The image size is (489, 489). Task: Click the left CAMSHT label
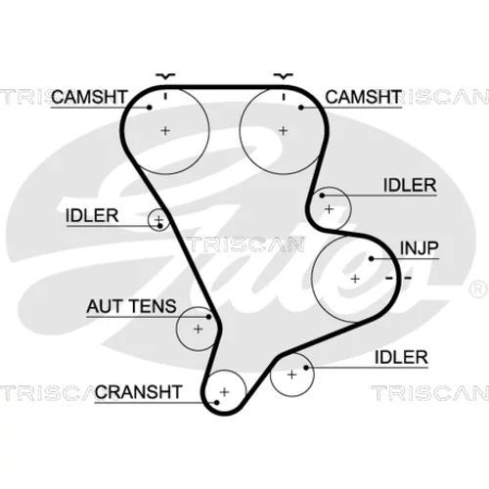[89, 97]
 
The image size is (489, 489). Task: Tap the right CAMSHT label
[363, 97]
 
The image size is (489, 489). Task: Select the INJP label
[419, 248]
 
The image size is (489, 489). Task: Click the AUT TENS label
[131, 306]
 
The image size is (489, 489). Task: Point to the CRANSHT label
[138, 392]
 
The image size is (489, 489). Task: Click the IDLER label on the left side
[92, 215]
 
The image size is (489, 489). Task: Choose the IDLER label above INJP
[410, 185]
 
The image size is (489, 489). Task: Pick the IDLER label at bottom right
[401, 357]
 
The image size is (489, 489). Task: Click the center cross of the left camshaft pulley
[165, 131]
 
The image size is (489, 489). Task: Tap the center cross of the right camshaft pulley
[284, 131]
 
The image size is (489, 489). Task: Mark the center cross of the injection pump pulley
[355, 279]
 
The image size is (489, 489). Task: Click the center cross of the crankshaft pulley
[224, 392]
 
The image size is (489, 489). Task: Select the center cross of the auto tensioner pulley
[198, 329]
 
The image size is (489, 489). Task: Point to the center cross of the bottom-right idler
[291, 375]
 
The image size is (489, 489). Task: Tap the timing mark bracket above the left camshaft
[165, 76]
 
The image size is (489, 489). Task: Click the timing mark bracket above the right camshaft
[284, 76]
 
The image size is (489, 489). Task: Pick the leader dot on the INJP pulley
[371, 259]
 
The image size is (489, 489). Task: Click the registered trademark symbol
[478, 289]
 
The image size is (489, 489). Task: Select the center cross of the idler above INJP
[330, 209]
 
